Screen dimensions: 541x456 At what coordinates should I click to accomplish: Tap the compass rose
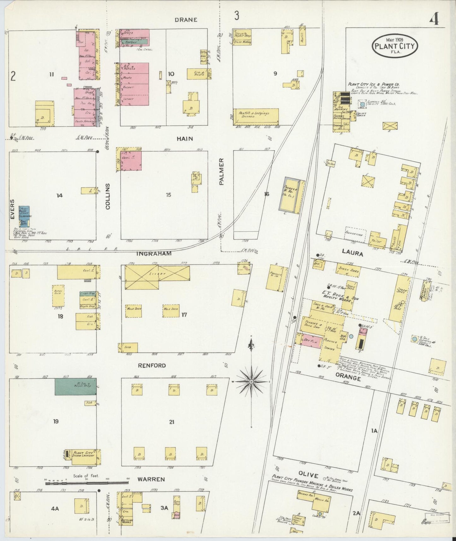pos(251,382)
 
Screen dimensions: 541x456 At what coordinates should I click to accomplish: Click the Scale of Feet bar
pos(87,483)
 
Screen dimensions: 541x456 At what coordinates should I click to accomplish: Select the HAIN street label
pos(185,139)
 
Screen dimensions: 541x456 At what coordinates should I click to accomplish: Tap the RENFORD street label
pos(152,366)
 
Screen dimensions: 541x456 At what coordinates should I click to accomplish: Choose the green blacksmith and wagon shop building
pos(76,386)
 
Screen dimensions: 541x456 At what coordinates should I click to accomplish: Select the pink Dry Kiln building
pos(311,342)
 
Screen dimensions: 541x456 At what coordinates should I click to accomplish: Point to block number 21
pos(171,422)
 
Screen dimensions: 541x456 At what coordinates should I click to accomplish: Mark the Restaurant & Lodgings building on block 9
pos(256,117)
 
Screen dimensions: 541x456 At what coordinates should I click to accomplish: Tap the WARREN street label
pos(151,479)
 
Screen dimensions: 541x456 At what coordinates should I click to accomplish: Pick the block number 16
pos(267,194)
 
